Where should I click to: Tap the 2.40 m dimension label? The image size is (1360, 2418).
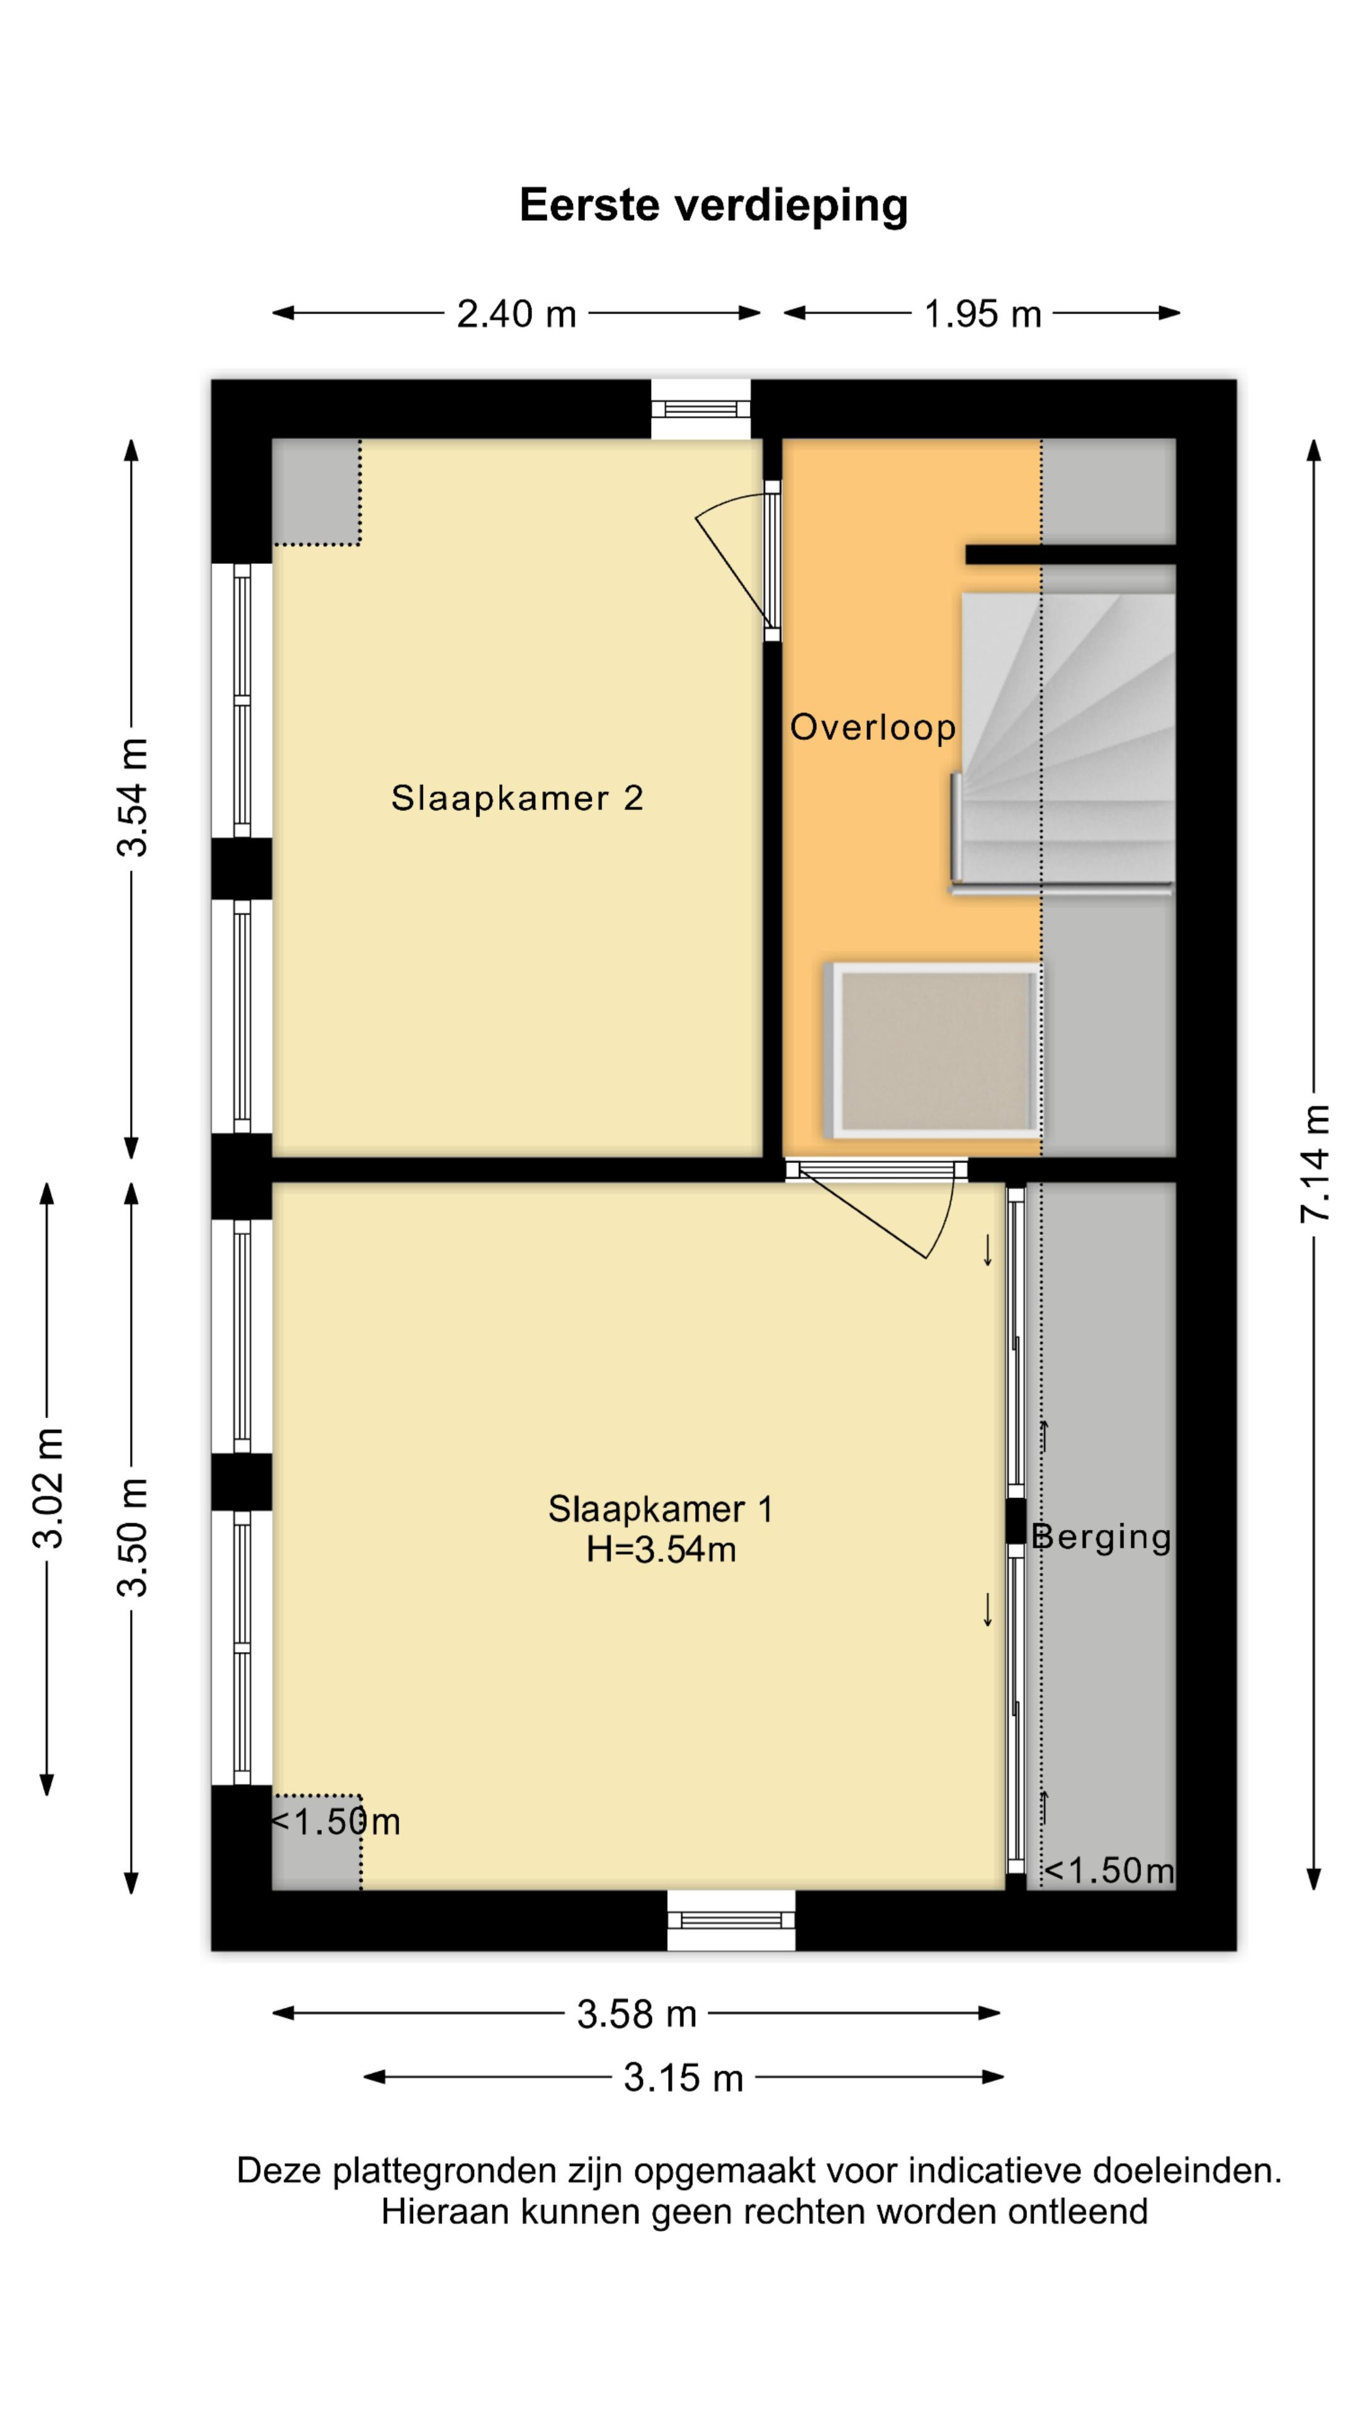[516, 314]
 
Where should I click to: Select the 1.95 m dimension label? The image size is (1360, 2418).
[983, 314]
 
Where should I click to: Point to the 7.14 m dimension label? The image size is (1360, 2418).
[1315, 1164]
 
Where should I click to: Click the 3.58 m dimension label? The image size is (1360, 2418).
[637, 2014]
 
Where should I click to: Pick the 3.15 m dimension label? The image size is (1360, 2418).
[683, 2078]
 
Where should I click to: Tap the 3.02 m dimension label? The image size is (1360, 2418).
[48, 1488]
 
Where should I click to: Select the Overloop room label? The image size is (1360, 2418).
[873, 727]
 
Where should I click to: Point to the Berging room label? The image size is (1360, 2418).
[1102, 1536]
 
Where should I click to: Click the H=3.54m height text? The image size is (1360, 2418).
[660, 1550]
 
